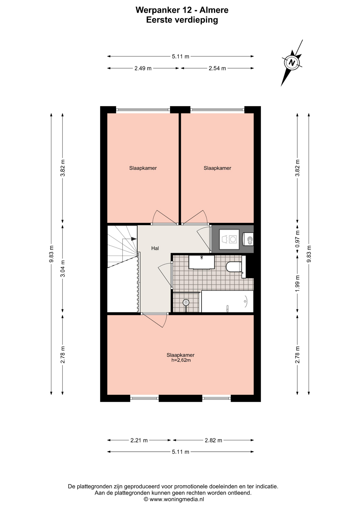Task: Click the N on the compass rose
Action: point(292,63)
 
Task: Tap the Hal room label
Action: point(155,248)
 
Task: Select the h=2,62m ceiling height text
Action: point(181,360)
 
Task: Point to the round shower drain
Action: point(186,302)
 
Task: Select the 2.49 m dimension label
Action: point(143,68)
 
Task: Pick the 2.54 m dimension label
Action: point(217,68)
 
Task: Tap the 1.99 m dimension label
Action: point(297,283)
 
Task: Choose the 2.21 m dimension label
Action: point(139,440)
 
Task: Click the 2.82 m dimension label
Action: point(213,440)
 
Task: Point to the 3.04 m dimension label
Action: point(63,268)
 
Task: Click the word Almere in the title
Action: point(214,10)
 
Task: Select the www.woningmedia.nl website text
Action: point(177,499)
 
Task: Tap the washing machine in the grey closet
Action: point(229,239)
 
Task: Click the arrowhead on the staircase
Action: point(134,239)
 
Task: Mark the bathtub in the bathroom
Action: point(227,301)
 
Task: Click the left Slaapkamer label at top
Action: point(143,168)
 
